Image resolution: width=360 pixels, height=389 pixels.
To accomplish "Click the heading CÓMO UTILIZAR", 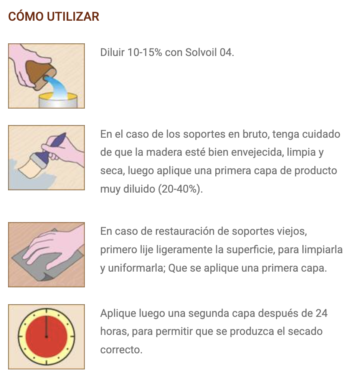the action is point(54,16).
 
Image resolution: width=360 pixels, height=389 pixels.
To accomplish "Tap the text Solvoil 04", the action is point(210,52).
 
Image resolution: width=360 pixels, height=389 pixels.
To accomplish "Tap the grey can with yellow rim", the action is point(58,101).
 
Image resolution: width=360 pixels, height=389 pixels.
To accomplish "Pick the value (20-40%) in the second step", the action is point(180,189).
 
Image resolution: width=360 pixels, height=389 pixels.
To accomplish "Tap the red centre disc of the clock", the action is point(46,336).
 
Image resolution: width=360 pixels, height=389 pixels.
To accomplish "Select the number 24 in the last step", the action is point(322,313).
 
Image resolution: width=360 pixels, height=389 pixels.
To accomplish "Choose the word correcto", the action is point(121,350).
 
